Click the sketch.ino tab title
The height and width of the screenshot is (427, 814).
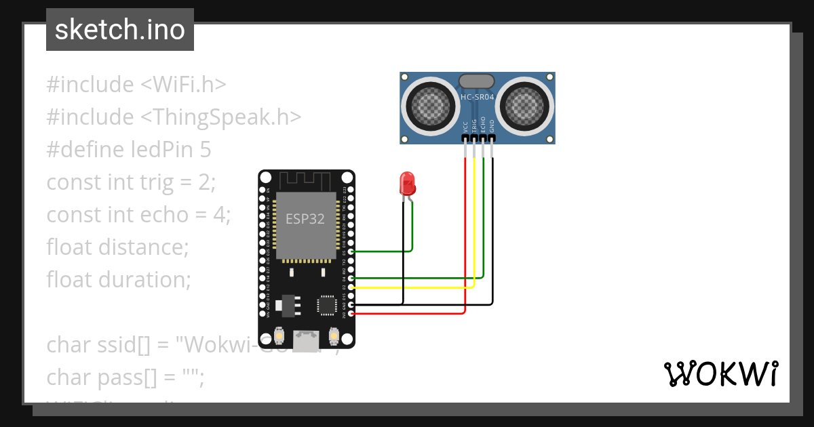click(x=119, y=30)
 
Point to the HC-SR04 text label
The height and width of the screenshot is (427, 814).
click(x=477, y=97)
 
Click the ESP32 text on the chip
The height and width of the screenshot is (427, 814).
click(x=305, y=219)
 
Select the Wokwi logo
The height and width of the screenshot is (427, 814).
click(x=720, y=373)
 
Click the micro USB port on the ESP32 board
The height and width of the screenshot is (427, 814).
click(x=306, y=338)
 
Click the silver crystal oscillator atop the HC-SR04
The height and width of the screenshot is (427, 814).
click(x=477, y=81)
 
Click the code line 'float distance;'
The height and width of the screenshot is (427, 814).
click(x=117, y=247)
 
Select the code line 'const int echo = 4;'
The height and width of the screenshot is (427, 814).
click(x=138, y=215)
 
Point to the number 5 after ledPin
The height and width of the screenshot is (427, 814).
click(x=206, y=150)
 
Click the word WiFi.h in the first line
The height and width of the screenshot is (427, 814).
click(x=189, y=85)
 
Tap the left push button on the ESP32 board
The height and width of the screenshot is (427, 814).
click(x=278, y=335)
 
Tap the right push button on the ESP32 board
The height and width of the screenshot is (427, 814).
click(x=334, y=335)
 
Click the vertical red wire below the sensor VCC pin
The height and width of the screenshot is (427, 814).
click(x=465, y=230)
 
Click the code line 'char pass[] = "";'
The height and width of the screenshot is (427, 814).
click(x=125, y=378)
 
